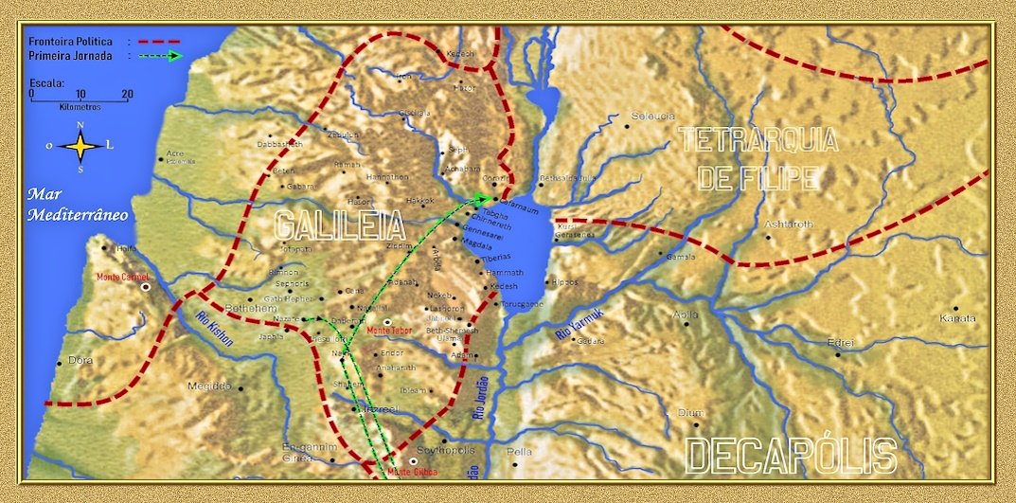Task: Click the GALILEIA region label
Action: tap(339, 225)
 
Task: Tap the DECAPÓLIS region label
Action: tap(791, 456)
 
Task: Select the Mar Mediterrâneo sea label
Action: tap(78, 204)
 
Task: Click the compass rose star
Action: tap(80, 146)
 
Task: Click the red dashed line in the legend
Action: tap(157, 42)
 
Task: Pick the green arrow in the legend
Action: tap(159, 56)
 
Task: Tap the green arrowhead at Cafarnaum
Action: tap(483, 199)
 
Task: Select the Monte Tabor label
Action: tap(390, 331)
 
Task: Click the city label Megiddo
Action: tap(209, 386)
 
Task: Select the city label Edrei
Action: tap(840, 342)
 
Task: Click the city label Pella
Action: tap(520, 452)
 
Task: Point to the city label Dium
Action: tap(690, 412)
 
